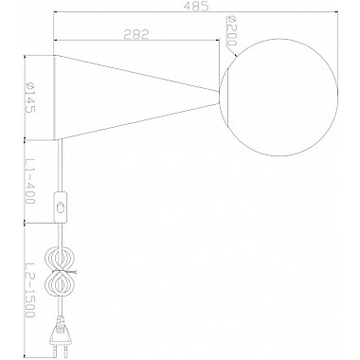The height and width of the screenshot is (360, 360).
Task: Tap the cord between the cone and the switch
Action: click(x=63, y=166)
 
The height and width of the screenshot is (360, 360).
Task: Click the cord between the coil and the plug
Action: click(x=63, y=308)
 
